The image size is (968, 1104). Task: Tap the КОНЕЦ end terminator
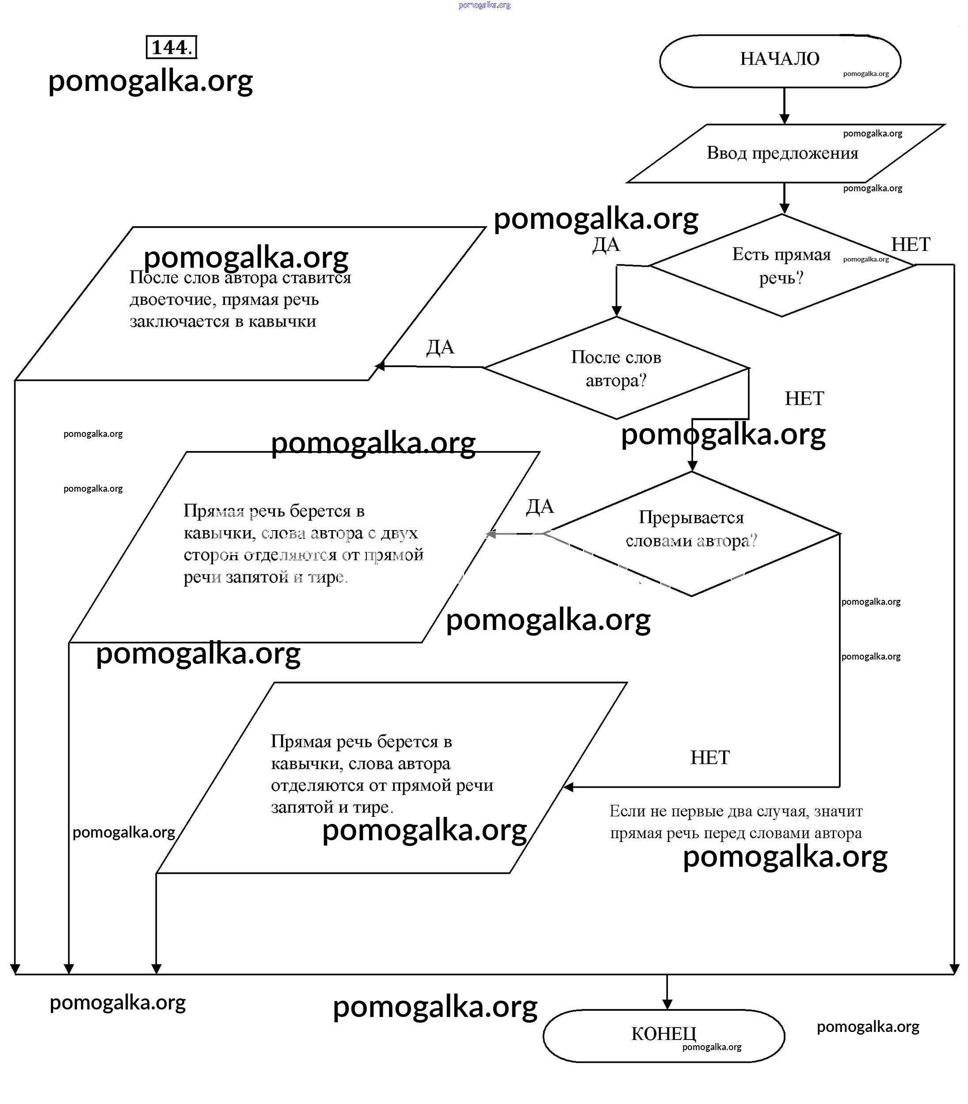pos(663,1034)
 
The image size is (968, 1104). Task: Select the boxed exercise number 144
pos(171,48)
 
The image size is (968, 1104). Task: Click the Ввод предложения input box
pos(782,153)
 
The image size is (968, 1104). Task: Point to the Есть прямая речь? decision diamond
pos(781,266)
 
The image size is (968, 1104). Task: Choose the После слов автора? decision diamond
pos(616,368)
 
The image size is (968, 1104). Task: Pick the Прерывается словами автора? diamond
pos(691,533)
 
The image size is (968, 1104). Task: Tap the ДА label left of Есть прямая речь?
pos(606,245)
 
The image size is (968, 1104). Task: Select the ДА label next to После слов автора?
pos(440,347)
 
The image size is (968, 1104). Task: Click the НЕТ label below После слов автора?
pos(804,398)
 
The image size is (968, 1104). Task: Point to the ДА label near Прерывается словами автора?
pos(540,506)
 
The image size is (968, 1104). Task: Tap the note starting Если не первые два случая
pos(736,822)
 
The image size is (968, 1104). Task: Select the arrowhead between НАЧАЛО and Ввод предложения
pos(784,119)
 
